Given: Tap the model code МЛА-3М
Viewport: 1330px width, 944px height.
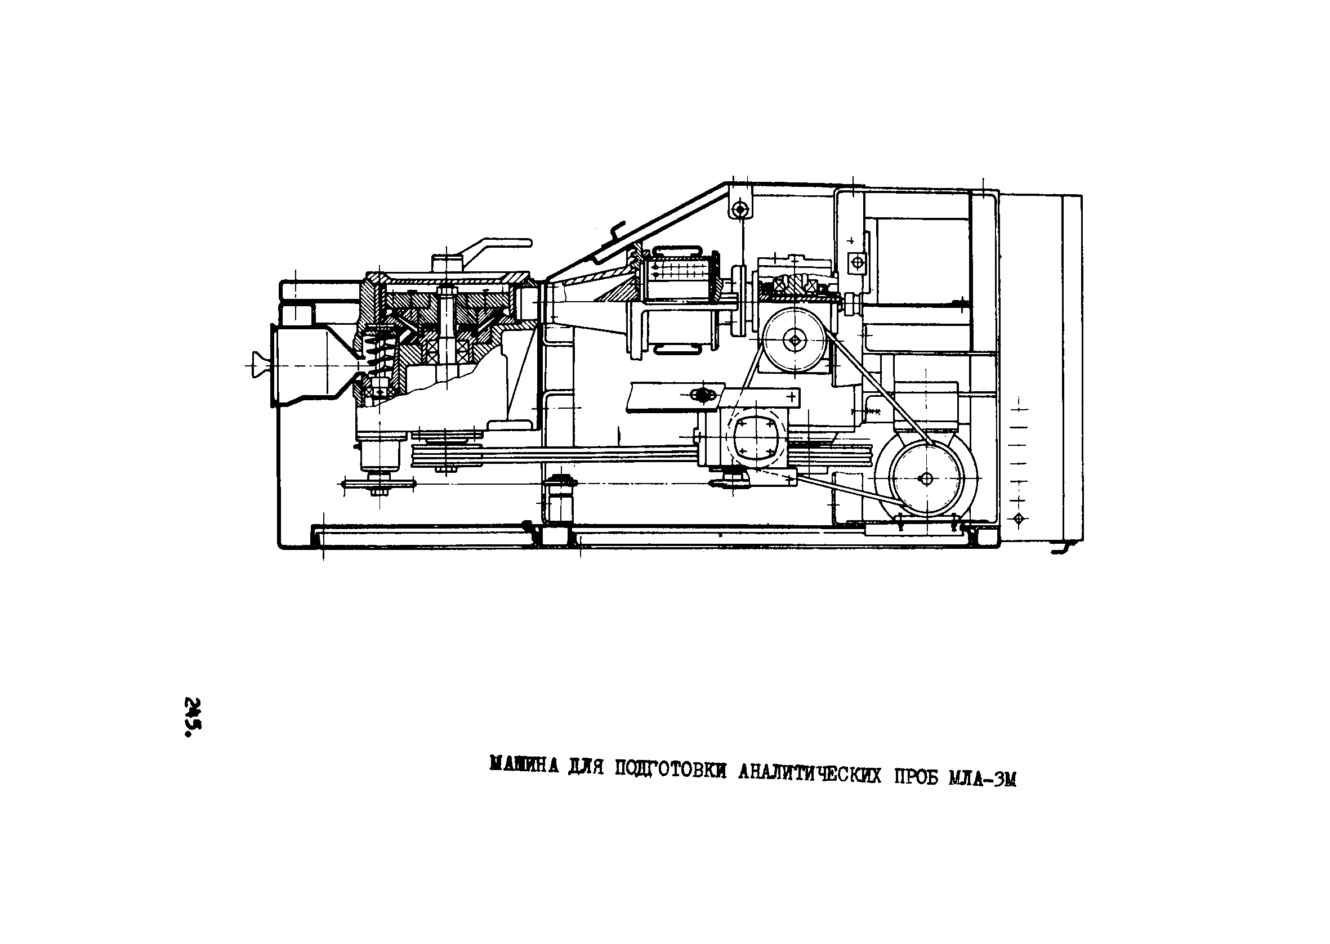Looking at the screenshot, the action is point(983,779).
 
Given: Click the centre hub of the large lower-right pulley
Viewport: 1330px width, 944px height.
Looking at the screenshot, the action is point(927,478).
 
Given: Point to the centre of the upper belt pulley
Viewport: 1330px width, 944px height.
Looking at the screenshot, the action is point(795,339).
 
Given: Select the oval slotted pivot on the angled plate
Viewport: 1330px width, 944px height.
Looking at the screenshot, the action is point(703,395).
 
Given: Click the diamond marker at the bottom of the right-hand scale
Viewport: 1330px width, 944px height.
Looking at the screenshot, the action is point(1017,518).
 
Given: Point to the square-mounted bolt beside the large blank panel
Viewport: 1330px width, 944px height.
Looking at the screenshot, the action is point(857,262).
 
